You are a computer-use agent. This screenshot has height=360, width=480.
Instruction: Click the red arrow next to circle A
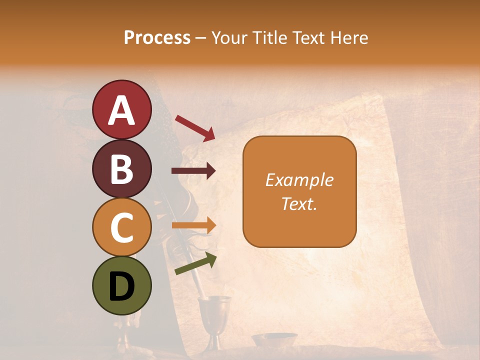[195, 128]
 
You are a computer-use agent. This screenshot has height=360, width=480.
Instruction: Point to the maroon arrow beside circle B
[193, 171]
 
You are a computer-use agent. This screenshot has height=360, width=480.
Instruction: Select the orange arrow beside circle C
[193, 225]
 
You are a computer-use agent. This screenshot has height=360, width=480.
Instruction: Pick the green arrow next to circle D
[195, 263]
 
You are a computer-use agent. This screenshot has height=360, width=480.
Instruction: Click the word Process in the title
[157, 37]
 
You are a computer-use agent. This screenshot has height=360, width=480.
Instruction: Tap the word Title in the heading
[269, 37]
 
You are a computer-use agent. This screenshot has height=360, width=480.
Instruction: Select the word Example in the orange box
[299, 180]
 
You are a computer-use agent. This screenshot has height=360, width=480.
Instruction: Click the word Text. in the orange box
[299, 203]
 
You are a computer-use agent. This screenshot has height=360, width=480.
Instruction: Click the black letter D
[121, 286]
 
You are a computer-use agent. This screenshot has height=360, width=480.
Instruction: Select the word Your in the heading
[228, 37]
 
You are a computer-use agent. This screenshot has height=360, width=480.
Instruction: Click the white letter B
[121, 169]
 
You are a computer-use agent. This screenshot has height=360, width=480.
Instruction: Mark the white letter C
[121, 227]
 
